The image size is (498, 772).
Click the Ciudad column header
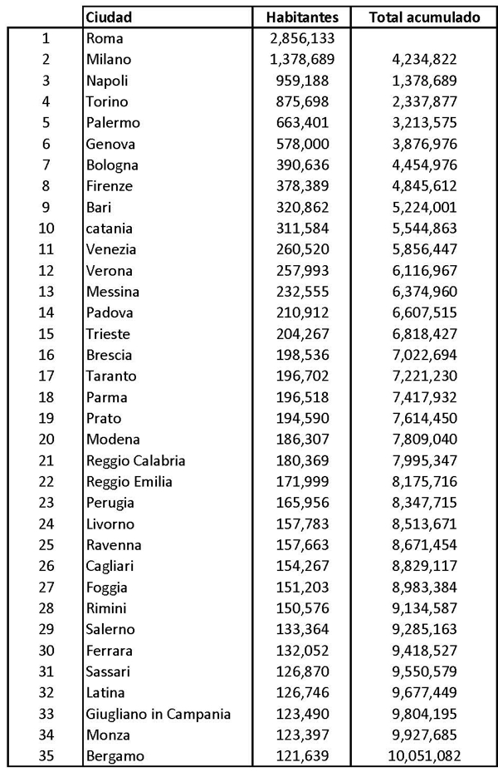pos(110,17)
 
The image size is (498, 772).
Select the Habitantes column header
pos(302,17)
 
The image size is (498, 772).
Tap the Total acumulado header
pos(424,17)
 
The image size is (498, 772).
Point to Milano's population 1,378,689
pos(300,59)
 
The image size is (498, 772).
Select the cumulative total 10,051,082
pos(423,755)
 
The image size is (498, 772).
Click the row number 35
pos(46,755)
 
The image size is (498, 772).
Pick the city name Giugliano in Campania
pos(159,714)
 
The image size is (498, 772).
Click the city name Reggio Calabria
pos(135,460)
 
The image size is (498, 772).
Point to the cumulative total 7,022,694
pos(423,355)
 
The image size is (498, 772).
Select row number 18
pos(46,397)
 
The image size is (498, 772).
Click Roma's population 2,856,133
pos(300,38)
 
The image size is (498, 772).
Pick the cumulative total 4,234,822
pos(423,59)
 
